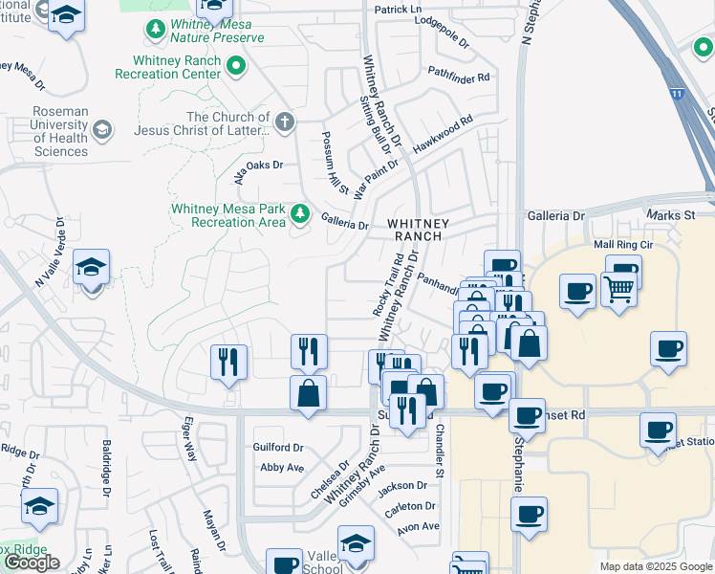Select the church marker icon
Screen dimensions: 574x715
(x=284, y=121)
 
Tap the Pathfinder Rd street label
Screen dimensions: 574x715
(x=459, y=75)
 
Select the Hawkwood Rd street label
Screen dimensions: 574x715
(x=443, y=135)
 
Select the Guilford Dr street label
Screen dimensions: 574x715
(x=278, y=447)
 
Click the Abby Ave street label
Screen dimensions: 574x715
(x=282, y=468)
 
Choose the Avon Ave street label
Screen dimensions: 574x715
(x=419, y=526)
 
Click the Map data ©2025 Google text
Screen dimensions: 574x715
(x=656, y=566)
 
